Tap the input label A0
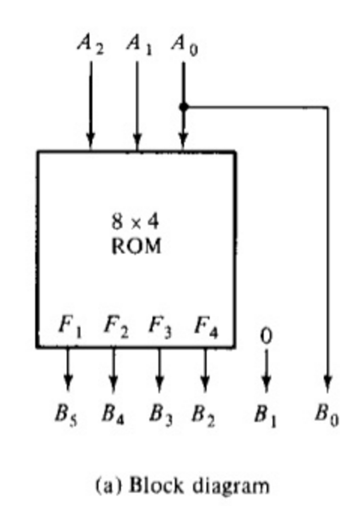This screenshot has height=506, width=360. coord(185,45)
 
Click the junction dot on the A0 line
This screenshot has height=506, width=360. coord(184,107)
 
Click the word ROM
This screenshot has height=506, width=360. coord(136,247)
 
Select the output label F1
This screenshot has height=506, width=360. coord(70,327)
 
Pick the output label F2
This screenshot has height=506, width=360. coord(115,327)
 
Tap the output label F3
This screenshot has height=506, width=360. coord(160,327)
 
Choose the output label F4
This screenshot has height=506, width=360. coord(206,327)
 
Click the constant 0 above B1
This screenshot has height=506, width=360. coord(266,337)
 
